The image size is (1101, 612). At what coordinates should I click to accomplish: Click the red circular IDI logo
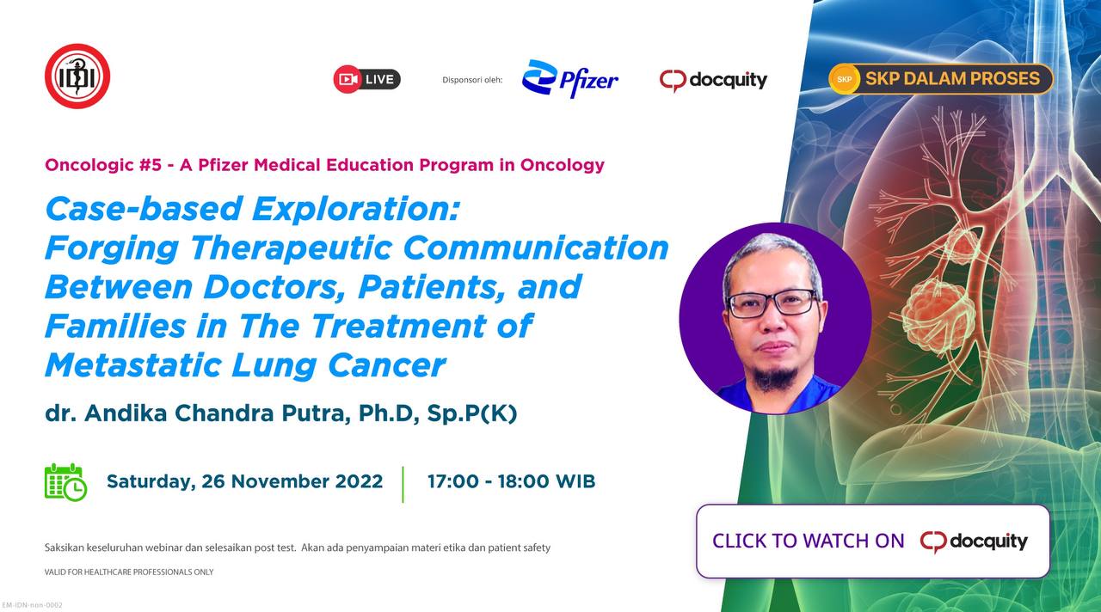point(77,76)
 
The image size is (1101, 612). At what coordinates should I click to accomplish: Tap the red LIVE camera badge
point(366,79)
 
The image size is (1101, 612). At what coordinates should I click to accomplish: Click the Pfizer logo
point(570,78)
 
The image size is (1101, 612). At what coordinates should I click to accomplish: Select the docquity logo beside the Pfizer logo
point(713,80)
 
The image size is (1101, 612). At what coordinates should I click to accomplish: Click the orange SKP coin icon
point(844,79)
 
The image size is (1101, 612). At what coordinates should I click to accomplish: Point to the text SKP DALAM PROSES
point(952,78)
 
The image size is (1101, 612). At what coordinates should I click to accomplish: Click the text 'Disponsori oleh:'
point(472,80)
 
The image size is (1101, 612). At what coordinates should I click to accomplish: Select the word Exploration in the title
point(356,210)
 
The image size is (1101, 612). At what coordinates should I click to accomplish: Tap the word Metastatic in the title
point(133,366)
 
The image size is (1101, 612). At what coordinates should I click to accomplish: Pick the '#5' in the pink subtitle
point(151,165)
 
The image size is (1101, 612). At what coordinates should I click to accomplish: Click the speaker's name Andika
point(126,413)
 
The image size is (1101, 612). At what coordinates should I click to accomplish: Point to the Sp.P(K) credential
point(472,413)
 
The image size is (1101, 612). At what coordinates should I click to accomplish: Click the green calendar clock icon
point(66,482)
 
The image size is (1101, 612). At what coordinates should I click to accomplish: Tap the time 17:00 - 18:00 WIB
point(511,481)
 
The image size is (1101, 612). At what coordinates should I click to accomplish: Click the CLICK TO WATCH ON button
point(873,542)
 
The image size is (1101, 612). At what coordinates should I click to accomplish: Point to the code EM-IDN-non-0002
point(33,605)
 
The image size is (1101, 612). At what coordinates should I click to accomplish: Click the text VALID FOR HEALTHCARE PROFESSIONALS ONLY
point(129,572)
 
